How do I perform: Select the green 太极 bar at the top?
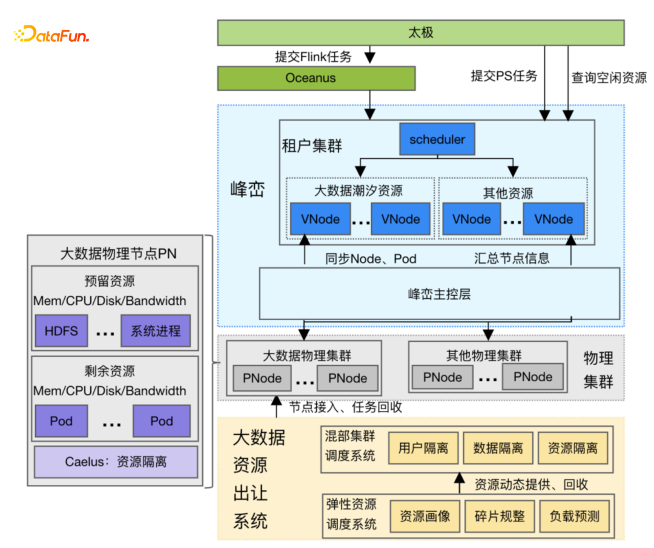pyautogui.click(x=420, y=33)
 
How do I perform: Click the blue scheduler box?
pyautogui.click(x=437, y=139)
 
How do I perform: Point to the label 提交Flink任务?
pyautogui.click(x=313, y=57)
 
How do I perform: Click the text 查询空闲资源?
pyautogui.click(x=609, y=78)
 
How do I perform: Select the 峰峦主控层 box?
pyautogui.click(x=439, y=295)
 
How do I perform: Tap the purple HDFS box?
pyautogui.click(x=61, y=331)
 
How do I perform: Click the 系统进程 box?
pyautogui.click(x=156, y=331)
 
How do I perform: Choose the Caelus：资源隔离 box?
pyautogui.click(x=114, y=462)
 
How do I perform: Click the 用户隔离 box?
pyautogui.click(x=423, y=449)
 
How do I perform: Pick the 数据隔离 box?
pyautogui.click(x=498, y=449)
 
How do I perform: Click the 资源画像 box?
pyautogui.click(x=424, y=516)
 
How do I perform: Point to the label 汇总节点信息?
pyautogui.click(x=512, y=258)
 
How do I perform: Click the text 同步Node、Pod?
pyautogui.click(x=371, y=258)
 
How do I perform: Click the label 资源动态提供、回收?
pyautogui.click(x=531, y=484)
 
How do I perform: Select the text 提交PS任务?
pyautogui.click(x=504, y=76)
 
